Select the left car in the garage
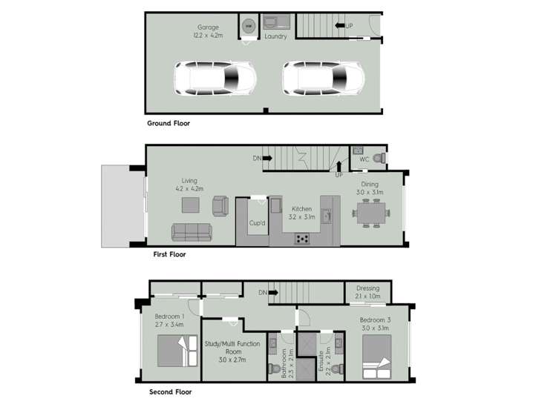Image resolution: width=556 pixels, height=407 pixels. point(215,79)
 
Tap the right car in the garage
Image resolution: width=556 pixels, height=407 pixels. point(323,79)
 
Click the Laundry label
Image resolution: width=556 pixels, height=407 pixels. point(275,36)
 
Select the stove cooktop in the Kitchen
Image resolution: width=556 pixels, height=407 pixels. point(303,238)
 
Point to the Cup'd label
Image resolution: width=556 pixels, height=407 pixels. point(257,222)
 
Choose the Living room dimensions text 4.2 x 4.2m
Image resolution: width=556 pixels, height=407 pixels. point(189,189)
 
